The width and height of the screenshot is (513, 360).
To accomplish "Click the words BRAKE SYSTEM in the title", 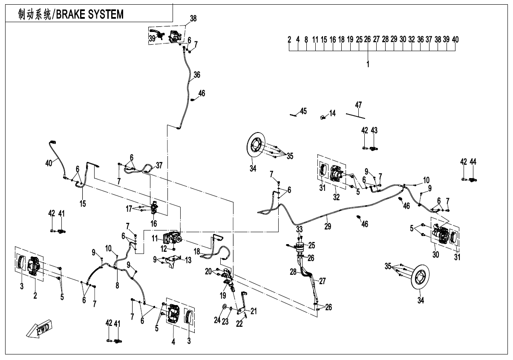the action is [x=90, y=14].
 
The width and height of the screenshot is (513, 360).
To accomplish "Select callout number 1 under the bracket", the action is [x=368, y=64].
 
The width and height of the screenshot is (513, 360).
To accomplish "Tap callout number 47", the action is [x=358, y=105].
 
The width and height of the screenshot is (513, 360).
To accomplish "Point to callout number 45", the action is [x=303, y=111].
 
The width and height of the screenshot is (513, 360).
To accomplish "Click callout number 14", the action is [x=332, y=113].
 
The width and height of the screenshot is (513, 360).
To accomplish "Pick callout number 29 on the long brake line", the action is [x=328, y=226].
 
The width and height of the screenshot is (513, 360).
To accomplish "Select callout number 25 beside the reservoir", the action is [x=312, y=245].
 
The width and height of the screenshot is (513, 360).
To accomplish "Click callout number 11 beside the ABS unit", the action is [x=155, y=239].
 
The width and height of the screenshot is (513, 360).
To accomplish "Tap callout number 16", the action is [x=154, y=223].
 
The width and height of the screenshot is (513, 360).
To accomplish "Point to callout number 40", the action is [x=49, y=163].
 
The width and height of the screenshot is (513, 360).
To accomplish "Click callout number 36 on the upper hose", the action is [x=197, y=75].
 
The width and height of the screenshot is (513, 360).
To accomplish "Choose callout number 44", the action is [x=473, y=161].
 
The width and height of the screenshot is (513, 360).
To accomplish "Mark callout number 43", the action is [x=374, y=130].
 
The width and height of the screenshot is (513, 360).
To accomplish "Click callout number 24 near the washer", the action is [x=217, y=320].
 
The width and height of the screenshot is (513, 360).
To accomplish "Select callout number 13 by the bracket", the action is [x=188, y=260].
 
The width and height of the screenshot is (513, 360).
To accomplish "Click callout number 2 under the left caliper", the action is [x=35, y=295].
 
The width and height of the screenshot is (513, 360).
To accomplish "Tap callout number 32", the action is [x=336, y=197].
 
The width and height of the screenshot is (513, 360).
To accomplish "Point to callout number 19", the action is [x=223, y=295].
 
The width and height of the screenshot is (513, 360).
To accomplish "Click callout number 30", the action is [x=435, y=254].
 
